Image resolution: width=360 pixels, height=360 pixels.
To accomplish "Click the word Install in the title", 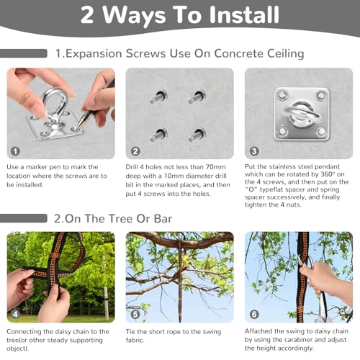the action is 244,15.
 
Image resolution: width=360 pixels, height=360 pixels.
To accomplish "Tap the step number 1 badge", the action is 15,151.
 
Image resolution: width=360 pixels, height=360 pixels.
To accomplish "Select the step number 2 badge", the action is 135,151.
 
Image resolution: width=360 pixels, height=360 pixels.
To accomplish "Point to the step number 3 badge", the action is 254,151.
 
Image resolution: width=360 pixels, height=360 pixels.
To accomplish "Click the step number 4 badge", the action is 15,314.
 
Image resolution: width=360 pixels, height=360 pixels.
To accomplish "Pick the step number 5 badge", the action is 135,314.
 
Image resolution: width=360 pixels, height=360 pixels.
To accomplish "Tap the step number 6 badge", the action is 254,314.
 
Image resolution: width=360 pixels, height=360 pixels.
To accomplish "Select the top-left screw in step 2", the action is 158,96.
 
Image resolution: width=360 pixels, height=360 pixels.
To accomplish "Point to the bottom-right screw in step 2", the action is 197,135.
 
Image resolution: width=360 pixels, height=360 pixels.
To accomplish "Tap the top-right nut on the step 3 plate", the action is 321,95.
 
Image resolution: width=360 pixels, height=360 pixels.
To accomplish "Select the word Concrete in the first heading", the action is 239,53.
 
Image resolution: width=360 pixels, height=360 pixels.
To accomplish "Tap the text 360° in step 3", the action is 328,174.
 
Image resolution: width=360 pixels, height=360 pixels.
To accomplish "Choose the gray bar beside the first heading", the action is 24,53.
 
